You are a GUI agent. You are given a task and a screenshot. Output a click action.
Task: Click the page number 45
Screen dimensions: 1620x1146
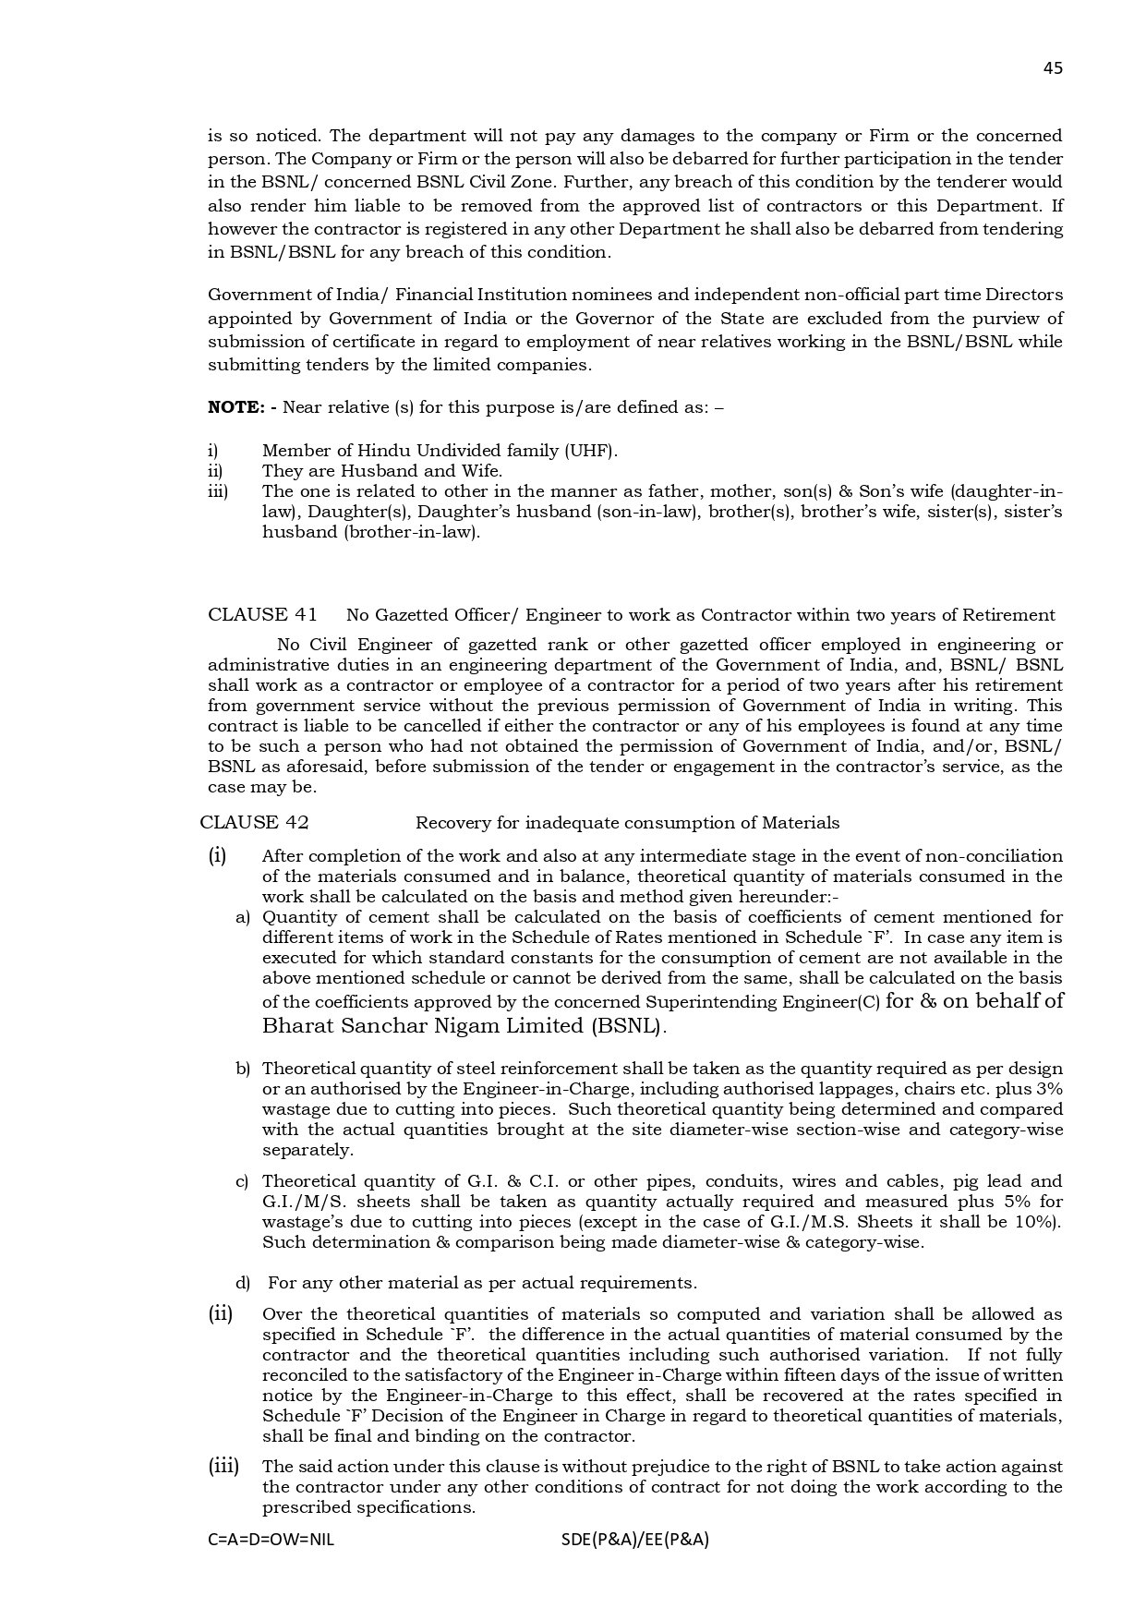(x=1053, y=67)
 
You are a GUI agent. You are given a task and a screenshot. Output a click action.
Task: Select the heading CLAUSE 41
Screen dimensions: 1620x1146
(x=262, y=615)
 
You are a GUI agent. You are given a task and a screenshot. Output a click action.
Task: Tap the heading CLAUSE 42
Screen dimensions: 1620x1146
(x=254, y=823)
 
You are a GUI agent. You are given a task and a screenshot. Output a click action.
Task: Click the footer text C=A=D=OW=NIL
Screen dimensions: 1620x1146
(x=271, y=1540)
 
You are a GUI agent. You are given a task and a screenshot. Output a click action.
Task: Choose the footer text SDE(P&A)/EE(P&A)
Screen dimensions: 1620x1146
(x=634, y=1540)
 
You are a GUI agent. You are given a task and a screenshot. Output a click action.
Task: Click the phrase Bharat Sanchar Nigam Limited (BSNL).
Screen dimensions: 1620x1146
(x=464, y=1026)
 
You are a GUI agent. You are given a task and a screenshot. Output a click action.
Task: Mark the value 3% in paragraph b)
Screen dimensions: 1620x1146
(x=1049, y=1089)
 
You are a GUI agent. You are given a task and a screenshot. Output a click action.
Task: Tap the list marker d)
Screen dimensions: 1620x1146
(x=243, y=1283)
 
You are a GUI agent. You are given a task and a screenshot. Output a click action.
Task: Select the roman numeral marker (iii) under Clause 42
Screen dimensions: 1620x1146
(x=223, y=1466)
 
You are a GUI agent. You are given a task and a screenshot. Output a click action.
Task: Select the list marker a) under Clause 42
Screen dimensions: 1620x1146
(x=243, y=917)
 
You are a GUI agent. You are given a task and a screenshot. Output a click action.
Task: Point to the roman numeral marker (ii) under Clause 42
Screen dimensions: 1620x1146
(x=220, y=1313)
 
